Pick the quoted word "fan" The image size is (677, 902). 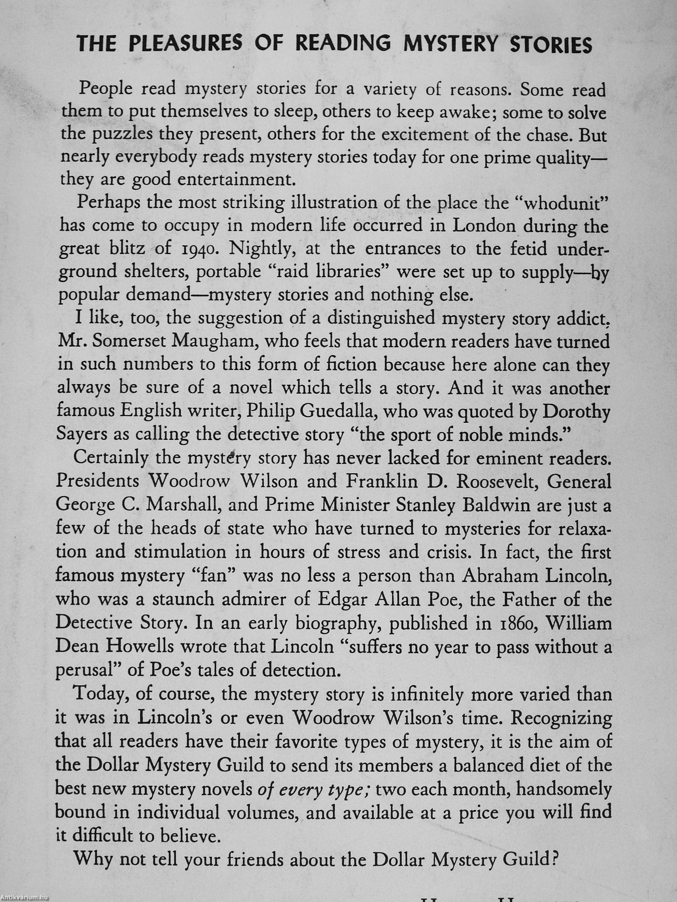(215, 576)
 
